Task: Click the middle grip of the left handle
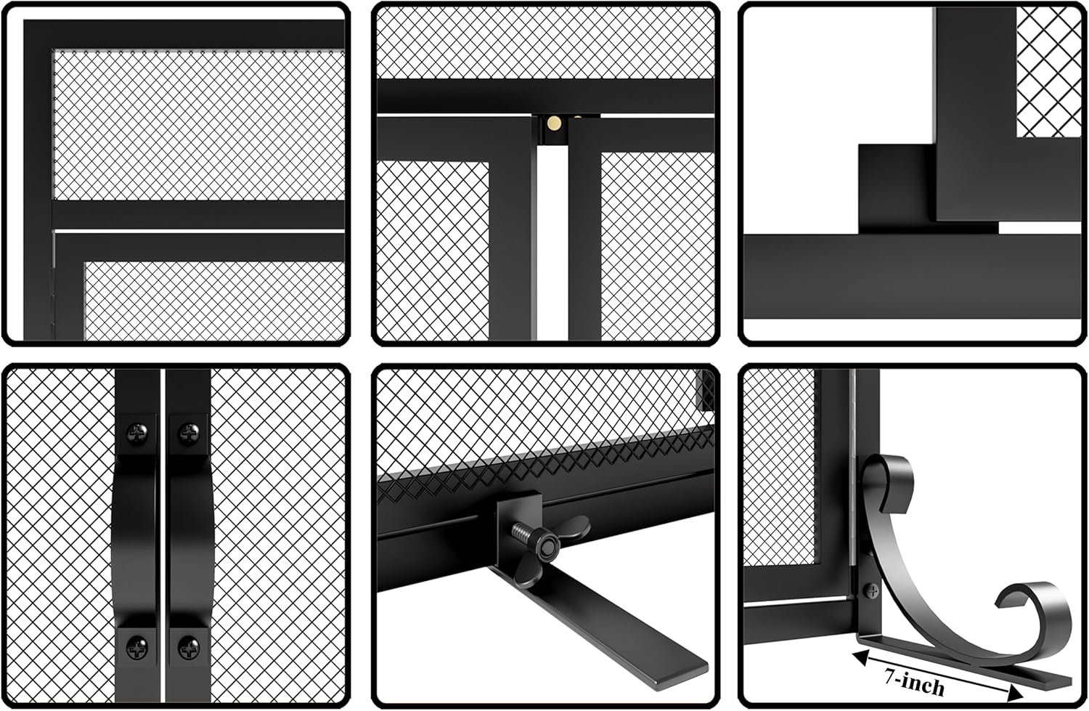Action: click(x=136, y=537)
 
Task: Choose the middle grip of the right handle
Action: click(x=188, y=537)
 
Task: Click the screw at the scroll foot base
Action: click(x=868, y=590)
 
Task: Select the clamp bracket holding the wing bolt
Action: click(x=517, y=516)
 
